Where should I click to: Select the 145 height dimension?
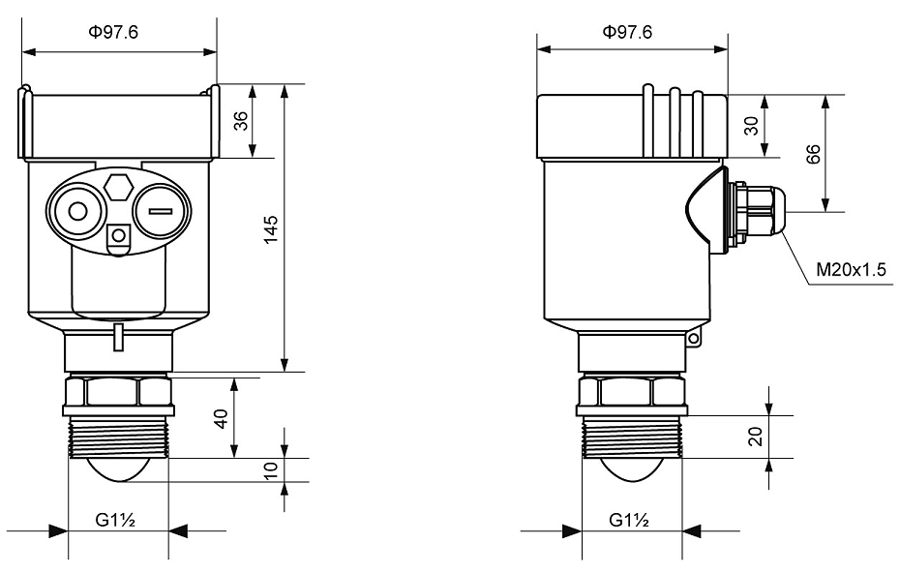272,228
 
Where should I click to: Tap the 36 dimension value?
241,121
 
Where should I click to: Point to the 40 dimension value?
222,417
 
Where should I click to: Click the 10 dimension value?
272,469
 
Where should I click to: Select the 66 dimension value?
814,153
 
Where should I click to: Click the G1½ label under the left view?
115,521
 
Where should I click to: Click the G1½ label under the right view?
629,521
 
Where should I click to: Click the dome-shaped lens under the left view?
118,469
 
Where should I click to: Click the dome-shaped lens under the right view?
631,469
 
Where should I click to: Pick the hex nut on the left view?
117,391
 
